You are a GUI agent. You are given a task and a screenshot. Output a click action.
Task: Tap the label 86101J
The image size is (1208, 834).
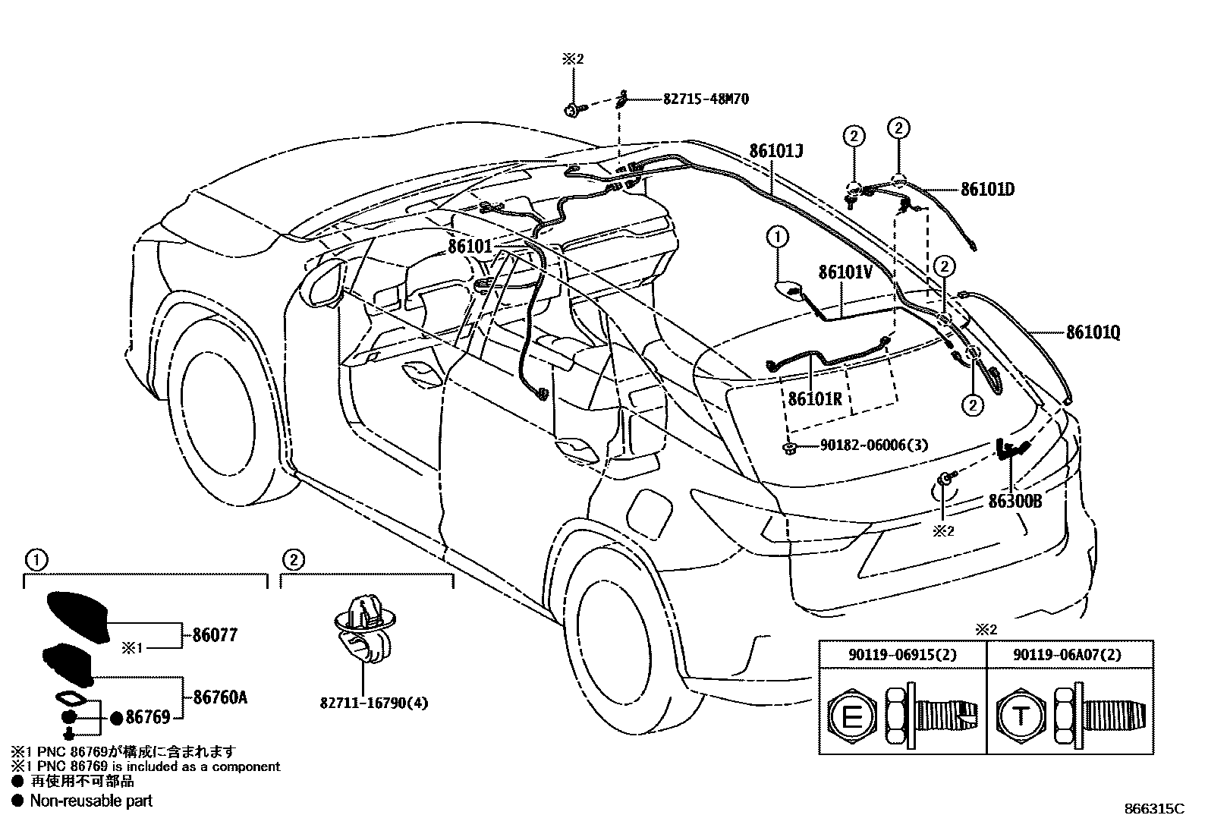(x=776, y=151)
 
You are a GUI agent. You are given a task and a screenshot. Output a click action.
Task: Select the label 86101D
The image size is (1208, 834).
(x=987, y=189)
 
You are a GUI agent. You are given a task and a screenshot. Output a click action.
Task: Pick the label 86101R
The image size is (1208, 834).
(x=815, y=398)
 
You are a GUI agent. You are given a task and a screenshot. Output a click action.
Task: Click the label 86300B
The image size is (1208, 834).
(x=1015, y=502)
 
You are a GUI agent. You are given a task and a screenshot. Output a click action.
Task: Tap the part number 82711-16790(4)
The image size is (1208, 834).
(x=373, y=703)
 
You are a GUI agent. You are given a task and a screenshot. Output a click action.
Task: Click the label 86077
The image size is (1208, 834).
(x=215, y=636)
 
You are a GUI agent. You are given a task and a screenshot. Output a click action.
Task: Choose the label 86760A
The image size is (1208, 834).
(x=220, y=697)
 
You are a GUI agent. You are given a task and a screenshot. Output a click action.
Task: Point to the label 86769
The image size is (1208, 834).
(x=149, y=717)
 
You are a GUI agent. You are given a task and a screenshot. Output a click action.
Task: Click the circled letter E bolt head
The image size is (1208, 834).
(x=852, y=716)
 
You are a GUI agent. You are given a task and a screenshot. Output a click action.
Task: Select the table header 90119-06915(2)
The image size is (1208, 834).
(x=902, y=654)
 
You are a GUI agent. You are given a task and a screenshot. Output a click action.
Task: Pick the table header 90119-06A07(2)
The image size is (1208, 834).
(x=1070, y=654)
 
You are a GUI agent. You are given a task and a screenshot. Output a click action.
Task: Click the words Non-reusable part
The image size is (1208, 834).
(x=91, y=801)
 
